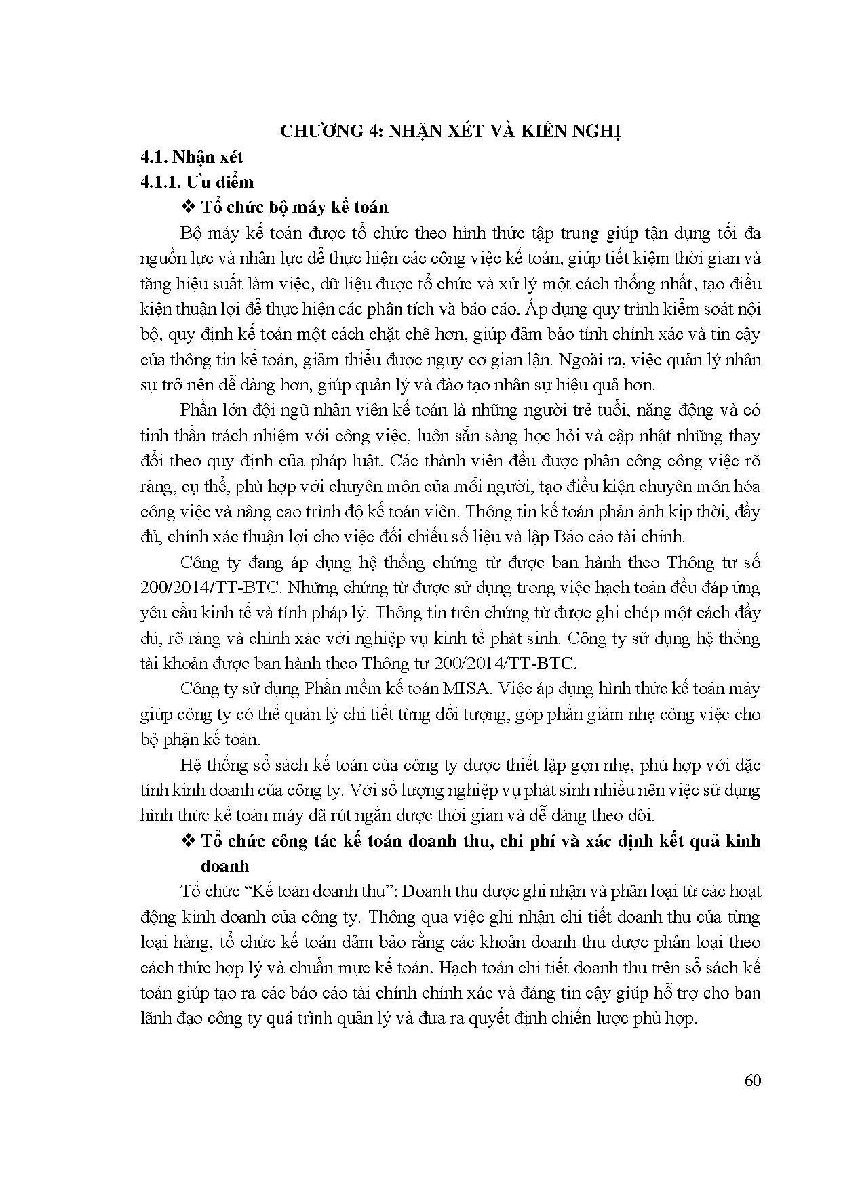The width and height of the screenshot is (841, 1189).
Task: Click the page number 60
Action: (753, 1081)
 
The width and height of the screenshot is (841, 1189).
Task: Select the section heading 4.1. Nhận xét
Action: (191, 157)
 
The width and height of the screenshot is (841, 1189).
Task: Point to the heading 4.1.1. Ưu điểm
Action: (197, 182)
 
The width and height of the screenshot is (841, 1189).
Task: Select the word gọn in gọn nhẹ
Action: (589, 765)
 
